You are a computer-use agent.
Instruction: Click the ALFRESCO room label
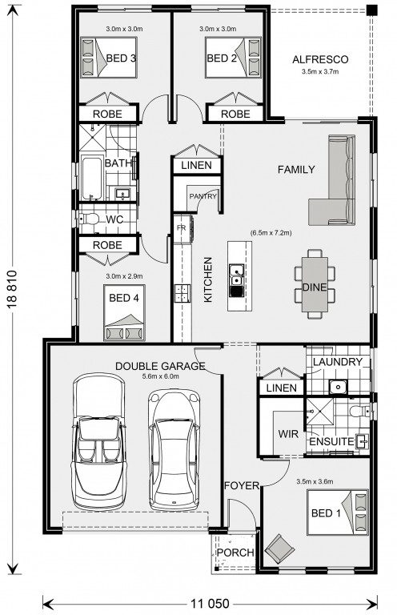pyautogui.click(x=320, y=59)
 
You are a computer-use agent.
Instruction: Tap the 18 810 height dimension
pyautogui.click(x=12, y=288)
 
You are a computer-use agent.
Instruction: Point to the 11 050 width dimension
pyautogui.click(x=210, y=603)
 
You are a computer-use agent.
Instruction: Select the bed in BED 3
pyautogui.click(x=109, y=58)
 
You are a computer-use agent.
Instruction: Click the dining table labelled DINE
pyautogui.click(x=315, y=284)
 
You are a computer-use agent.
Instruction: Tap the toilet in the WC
pyautogui.click(x=89, y=219)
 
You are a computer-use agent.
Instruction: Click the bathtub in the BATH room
pyautogui.click(x=92, y=177)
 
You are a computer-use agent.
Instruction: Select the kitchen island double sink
pyautogui.click(x=236, y=275)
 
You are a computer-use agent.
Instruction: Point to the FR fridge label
pyautogui.click(x=181, y=228)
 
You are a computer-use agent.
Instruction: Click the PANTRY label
pyautogui.click(x=203, y=195)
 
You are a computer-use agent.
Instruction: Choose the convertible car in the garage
pyautogui.click(x=99, y=441)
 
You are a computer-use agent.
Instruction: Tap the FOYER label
pyautogui.click(x=242, y=485)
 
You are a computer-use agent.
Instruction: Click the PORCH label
pyautogui.click(x=235, y=553)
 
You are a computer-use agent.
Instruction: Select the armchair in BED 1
pyautogui.click(x=279, y=549)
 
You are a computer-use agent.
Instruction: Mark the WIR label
pyautogui.click(x=288, y=434)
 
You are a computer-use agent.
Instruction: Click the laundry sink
pyautogui.click(x=337, y=387)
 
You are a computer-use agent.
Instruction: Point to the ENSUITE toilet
pyautogui.click(x=359, y=411)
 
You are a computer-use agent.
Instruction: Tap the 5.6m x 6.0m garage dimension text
pyautogui.click(x=161, y=376)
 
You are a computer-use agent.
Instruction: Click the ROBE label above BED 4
pyautogui.click(x=107, y=245)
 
